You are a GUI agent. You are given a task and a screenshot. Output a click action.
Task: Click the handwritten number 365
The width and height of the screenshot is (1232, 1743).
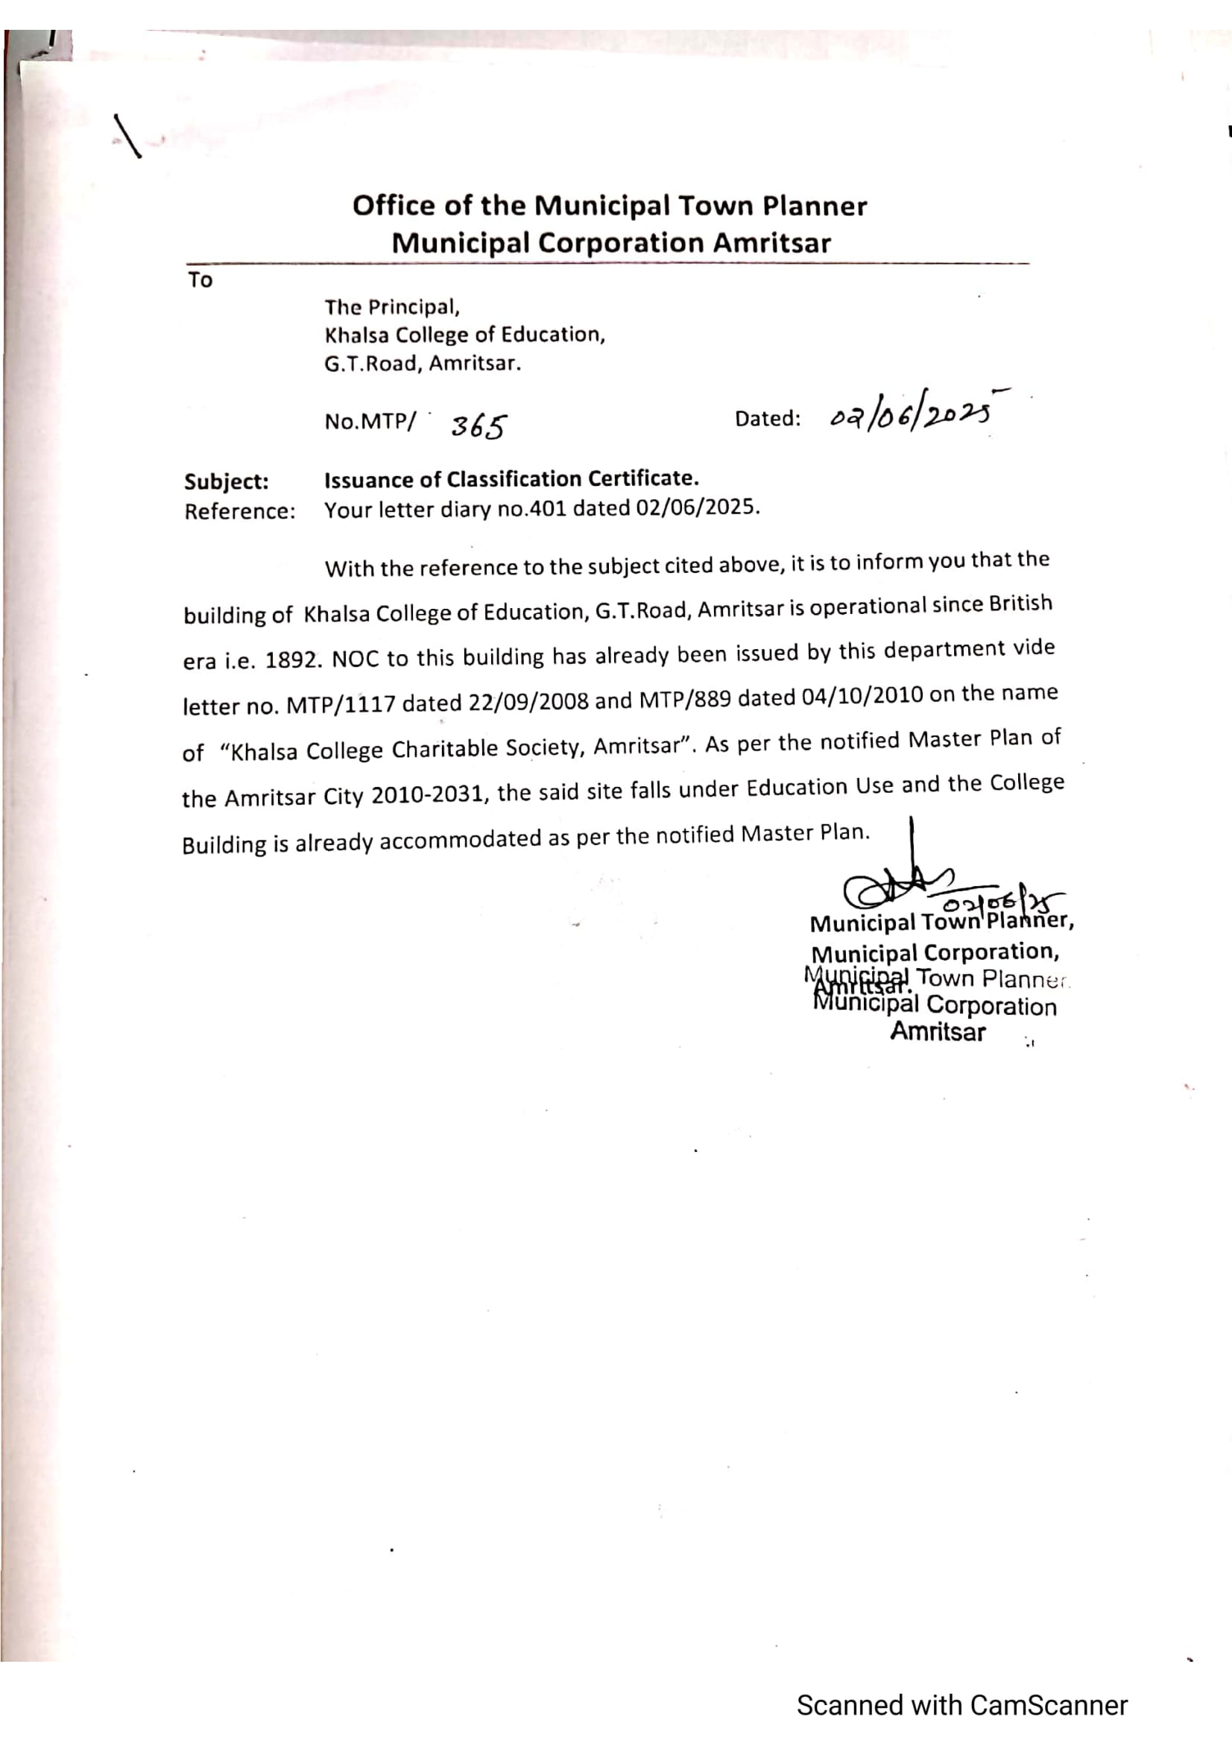click(479, 427)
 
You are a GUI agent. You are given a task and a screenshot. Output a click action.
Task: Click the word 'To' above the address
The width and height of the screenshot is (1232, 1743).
click(200, 280)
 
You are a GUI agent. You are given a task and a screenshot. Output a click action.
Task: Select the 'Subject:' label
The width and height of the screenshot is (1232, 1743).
click(227, 482)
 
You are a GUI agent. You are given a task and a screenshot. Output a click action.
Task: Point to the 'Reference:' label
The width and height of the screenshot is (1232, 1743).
click(239, 512)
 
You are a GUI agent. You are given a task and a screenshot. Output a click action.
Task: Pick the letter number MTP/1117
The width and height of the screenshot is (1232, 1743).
click(341, 705)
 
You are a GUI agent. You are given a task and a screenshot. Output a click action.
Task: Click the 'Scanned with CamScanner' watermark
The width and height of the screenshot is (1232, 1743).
click(961, 1705)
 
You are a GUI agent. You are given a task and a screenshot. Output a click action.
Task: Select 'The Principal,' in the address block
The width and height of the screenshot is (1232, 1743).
click(393, 308)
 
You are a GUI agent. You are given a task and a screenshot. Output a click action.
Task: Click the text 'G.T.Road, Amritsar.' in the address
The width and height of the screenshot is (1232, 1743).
click(423, 364)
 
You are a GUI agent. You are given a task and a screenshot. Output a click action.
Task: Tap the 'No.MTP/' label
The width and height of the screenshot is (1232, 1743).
click(370, 421)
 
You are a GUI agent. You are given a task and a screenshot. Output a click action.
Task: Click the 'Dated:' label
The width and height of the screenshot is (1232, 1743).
click(768, 418)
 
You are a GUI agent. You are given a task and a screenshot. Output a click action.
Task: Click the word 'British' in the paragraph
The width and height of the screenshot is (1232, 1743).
click(1020, 604)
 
